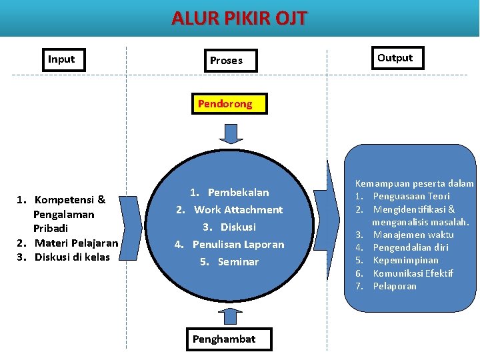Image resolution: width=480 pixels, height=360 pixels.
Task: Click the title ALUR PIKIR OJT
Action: (x=239, y=17)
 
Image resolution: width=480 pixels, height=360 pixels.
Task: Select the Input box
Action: (x=61, y=59)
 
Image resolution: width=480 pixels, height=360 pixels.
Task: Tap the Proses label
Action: (x=226, y=61)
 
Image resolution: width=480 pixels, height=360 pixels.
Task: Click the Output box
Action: (x=395, y=58)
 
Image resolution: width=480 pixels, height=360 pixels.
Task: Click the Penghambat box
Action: (x=223, y=339)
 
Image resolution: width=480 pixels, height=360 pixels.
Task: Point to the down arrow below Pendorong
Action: (x=231, y=133)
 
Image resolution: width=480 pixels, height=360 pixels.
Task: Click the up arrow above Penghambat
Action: (x=231, y=315)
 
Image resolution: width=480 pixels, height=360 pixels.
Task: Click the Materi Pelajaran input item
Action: (x=76, y=243)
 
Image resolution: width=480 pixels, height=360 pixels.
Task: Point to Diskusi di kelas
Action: (x=72, y=257)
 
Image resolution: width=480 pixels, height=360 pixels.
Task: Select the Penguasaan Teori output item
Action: (x=411, y=196)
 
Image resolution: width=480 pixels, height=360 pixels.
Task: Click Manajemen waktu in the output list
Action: (x=413, y=235)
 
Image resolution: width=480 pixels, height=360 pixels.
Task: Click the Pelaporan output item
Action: (x=395, y=286)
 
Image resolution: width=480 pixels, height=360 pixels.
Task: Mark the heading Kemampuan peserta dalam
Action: (x=414, y=183)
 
